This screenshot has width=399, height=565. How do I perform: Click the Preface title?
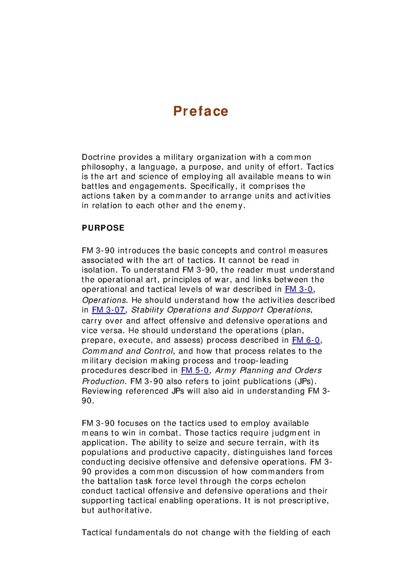[200, 111]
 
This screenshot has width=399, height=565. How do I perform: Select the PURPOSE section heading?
[103, 228]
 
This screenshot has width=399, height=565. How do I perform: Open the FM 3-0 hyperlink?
[297, 289]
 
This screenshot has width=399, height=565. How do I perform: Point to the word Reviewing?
[101, 391]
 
